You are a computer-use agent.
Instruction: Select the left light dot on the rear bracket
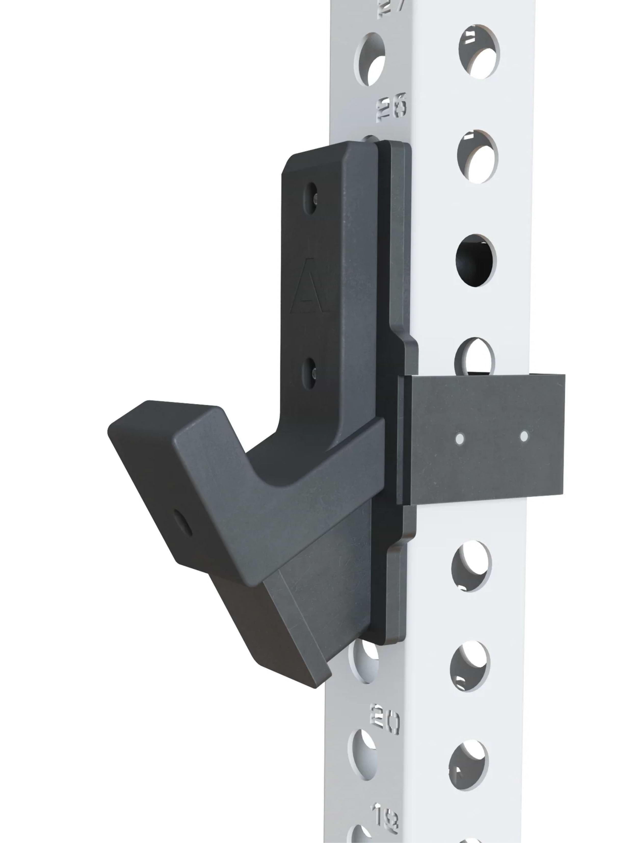click(459, 439)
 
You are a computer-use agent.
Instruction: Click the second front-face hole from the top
click(477, 157)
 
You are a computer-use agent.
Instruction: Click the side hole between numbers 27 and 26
click(370, 59)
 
